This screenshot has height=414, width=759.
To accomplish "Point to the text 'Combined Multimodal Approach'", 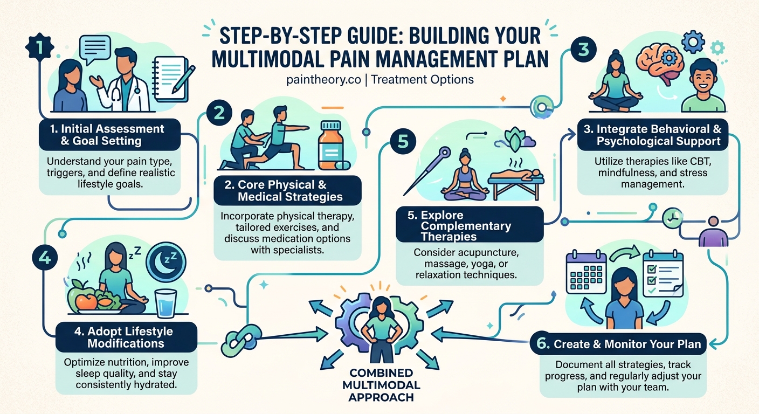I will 381,385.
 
